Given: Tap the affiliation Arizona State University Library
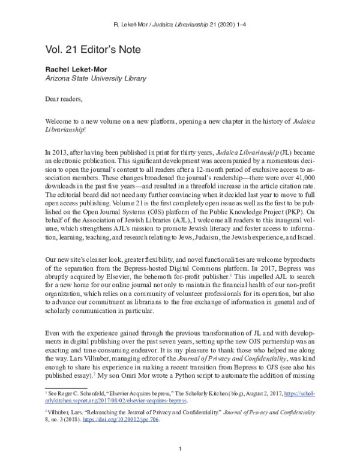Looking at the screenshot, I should point(95,79).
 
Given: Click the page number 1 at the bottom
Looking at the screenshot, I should point(180,448).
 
